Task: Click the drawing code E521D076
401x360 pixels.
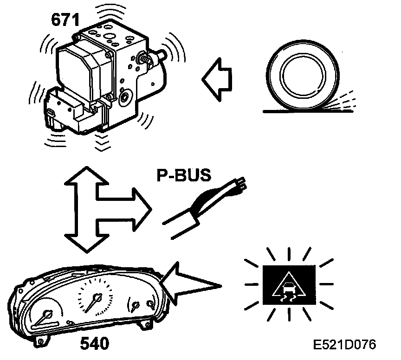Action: pyautogui.click(x=344, y=345)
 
